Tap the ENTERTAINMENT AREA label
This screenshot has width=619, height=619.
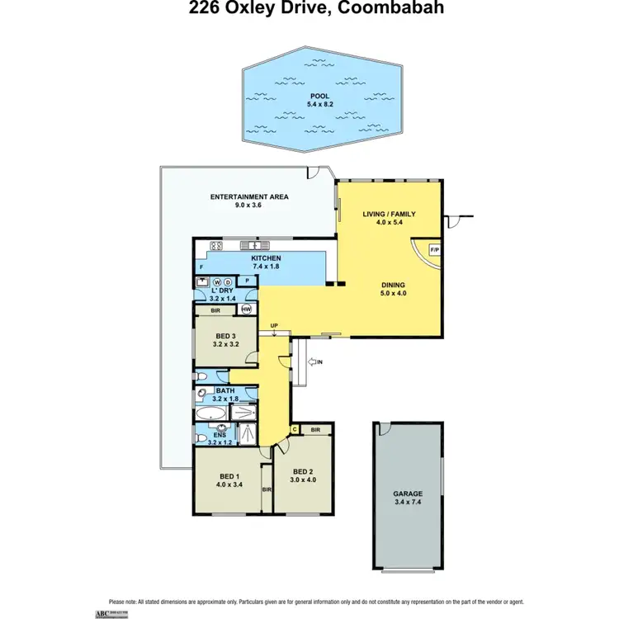pyautogui.click(x=248, y=196)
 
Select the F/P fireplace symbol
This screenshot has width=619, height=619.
pyautogui.click(x=434, y=250)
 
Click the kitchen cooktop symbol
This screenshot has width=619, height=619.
pyautogui.click(x=217, y=245)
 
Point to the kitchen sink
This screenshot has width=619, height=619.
pyautogui.click(x=256, y=245)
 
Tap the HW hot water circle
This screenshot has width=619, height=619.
pyautogui.click(x=245, y=309)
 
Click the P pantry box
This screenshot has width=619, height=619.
pyautogui.click(x=248, y=281)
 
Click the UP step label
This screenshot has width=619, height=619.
pyautogui.click(x=273, y=326)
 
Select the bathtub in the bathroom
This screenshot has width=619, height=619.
pyautogui.click(x=213, y=413)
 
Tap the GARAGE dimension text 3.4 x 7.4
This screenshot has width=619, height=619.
pyautogui.click(x=407, y=500)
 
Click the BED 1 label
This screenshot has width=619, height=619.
pyautogui.click(x=229, y=476)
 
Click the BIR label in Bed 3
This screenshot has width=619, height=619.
pyautogui.click(x=215, y=311)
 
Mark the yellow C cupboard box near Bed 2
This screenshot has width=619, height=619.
pyautogui.click(x=294, y=429)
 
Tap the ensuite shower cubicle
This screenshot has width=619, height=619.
pyautogui.click(x=247, y=432)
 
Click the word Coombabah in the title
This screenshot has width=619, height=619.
pyautogui.click(x=386, y=10)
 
